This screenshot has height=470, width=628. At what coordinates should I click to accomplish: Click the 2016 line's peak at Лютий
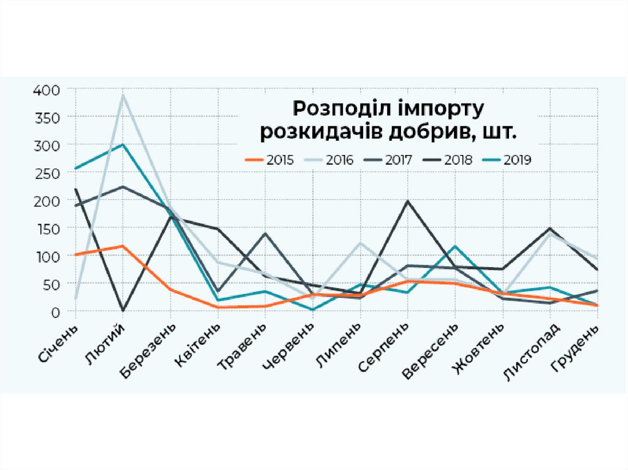coord(123,95)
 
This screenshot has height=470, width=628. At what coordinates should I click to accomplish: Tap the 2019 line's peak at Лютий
coord(123,145)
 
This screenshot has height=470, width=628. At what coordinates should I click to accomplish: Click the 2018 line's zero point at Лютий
coord(123,311)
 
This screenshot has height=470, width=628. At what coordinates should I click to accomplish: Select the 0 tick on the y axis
coord(55,312)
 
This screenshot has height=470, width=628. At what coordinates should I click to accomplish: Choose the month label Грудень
coord(577,347)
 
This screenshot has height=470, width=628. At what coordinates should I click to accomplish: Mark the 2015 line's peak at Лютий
coord(123,246)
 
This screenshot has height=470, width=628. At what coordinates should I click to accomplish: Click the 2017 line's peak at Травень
coord(266,233)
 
